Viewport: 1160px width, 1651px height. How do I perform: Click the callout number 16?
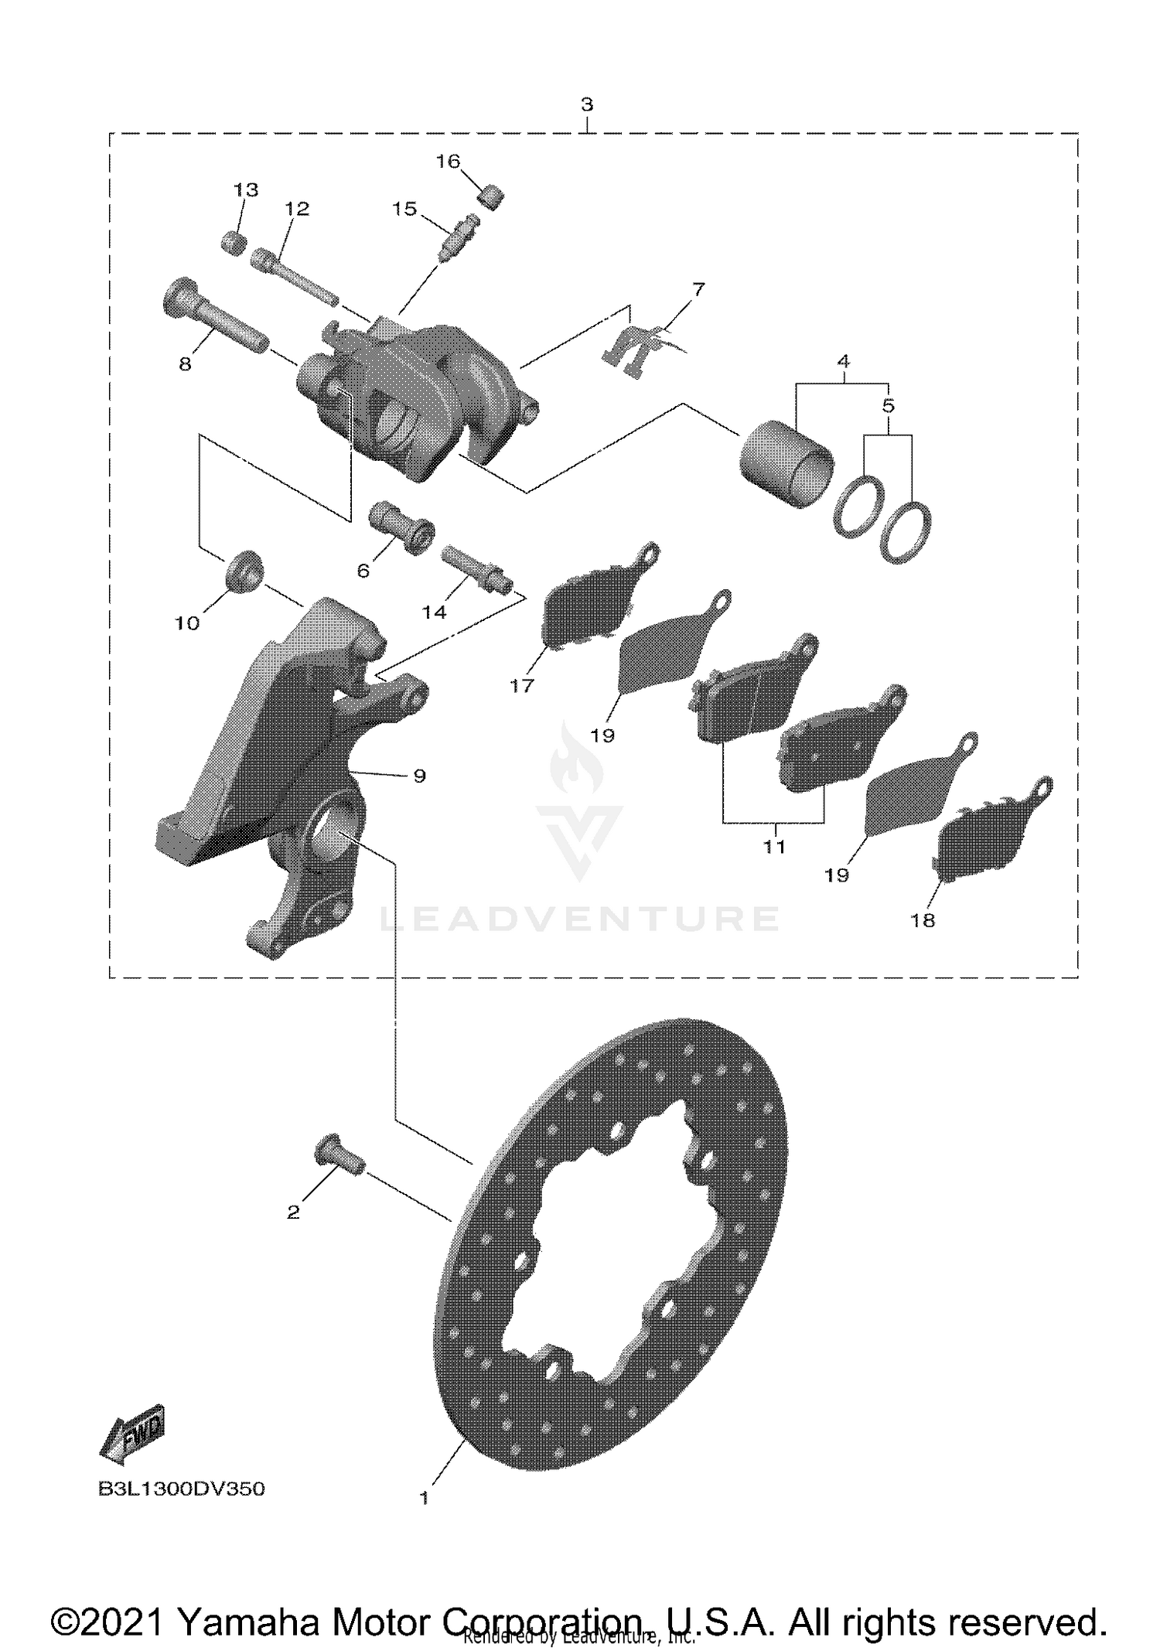[x=448, y=161]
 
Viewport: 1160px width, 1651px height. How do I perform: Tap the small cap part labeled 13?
[x=234, y=241]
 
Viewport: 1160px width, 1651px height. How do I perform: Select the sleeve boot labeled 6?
[x=402, y=525]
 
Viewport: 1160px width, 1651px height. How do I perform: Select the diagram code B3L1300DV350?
[x=182, y=1489]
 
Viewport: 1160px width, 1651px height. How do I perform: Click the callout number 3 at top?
[x=587, y=104]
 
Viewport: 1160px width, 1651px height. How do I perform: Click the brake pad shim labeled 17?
[x=592, y=595]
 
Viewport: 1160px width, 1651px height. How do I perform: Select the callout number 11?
[x=774, y=846]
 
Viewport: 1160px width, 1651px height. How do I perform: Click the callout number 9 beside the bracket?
[x=419, y=776]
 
